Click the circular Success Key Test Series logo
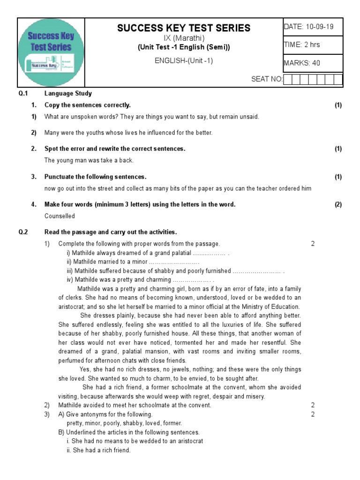(51, 52)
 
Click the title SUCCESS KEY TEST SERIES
(184, 28)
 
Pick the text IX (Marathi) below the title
(184, 38)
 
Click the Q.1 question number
(23, 93)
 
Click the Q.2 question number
(23, 232)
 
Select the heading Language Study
(68, 93)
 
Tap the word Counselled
(60, 216)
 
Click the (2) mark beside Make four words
(338, 204)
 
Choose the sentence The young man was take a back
(89, 160)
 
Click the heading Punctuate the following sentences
(95, 177)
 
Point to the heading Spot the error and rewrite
(115, 149)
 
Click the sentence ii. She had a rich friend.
(98, 450)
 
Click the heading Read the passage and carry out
(110, 232)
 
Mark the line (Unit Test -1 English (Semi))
(184, 47)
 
